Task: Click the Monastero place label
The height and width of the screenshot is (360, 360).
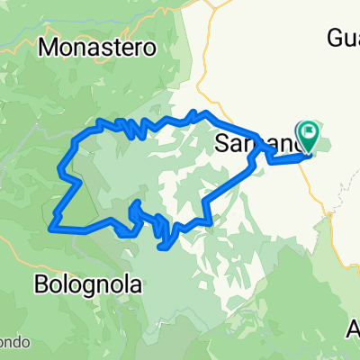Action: [x=98, y=46]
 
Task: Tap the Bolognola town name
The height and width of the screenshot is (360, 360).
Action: [x=89, y=284]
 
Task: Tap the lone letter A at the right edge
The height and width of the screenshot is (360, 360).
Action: [x=353, y=330]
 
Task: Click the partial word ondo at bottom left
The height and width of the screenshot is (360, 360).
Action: [x=14, y=343]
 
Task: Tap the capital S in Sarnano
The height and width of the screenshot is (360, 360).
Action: [x=223, y=144]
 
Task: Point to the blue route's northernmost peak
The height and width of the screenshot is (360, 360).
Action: [x=206, y=112]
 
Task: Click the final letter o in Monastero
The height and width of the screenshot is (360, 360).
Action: [x=149, y=47]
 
